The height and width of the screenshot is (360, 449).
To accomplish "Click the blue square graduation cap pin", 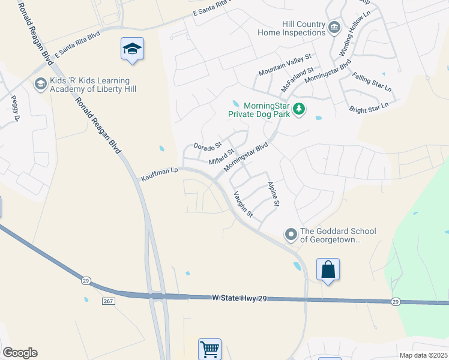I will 132,49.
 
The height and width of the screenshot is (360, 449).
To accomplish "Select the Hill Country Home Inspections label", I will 295,28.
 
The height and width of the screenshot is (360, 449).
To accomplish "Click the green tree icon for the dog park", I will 299,110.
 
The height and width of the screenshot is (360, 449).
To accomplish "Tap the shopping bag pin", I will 328,269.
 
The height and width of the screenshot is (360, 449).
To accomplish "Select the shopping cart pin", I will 209,349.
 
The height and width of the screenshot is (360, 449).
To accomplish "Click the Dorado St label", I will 208,146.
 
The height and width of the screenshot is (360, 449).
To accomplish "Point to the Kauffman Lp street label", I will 160,175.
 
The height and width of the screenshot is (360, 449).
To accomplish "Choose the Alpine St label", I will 274,194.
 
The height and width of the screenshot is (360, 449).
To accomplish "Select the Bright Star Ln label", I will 369,107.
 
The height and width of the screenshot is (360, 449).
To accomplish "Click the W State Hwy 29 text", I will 239,298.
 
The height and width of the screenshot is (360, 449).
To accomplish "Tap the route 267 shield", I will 108,301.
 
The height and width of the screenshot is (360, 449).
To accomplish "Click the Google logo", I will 20,353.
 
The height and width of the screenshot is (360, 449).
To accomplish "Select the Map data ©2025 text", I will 423,355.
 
